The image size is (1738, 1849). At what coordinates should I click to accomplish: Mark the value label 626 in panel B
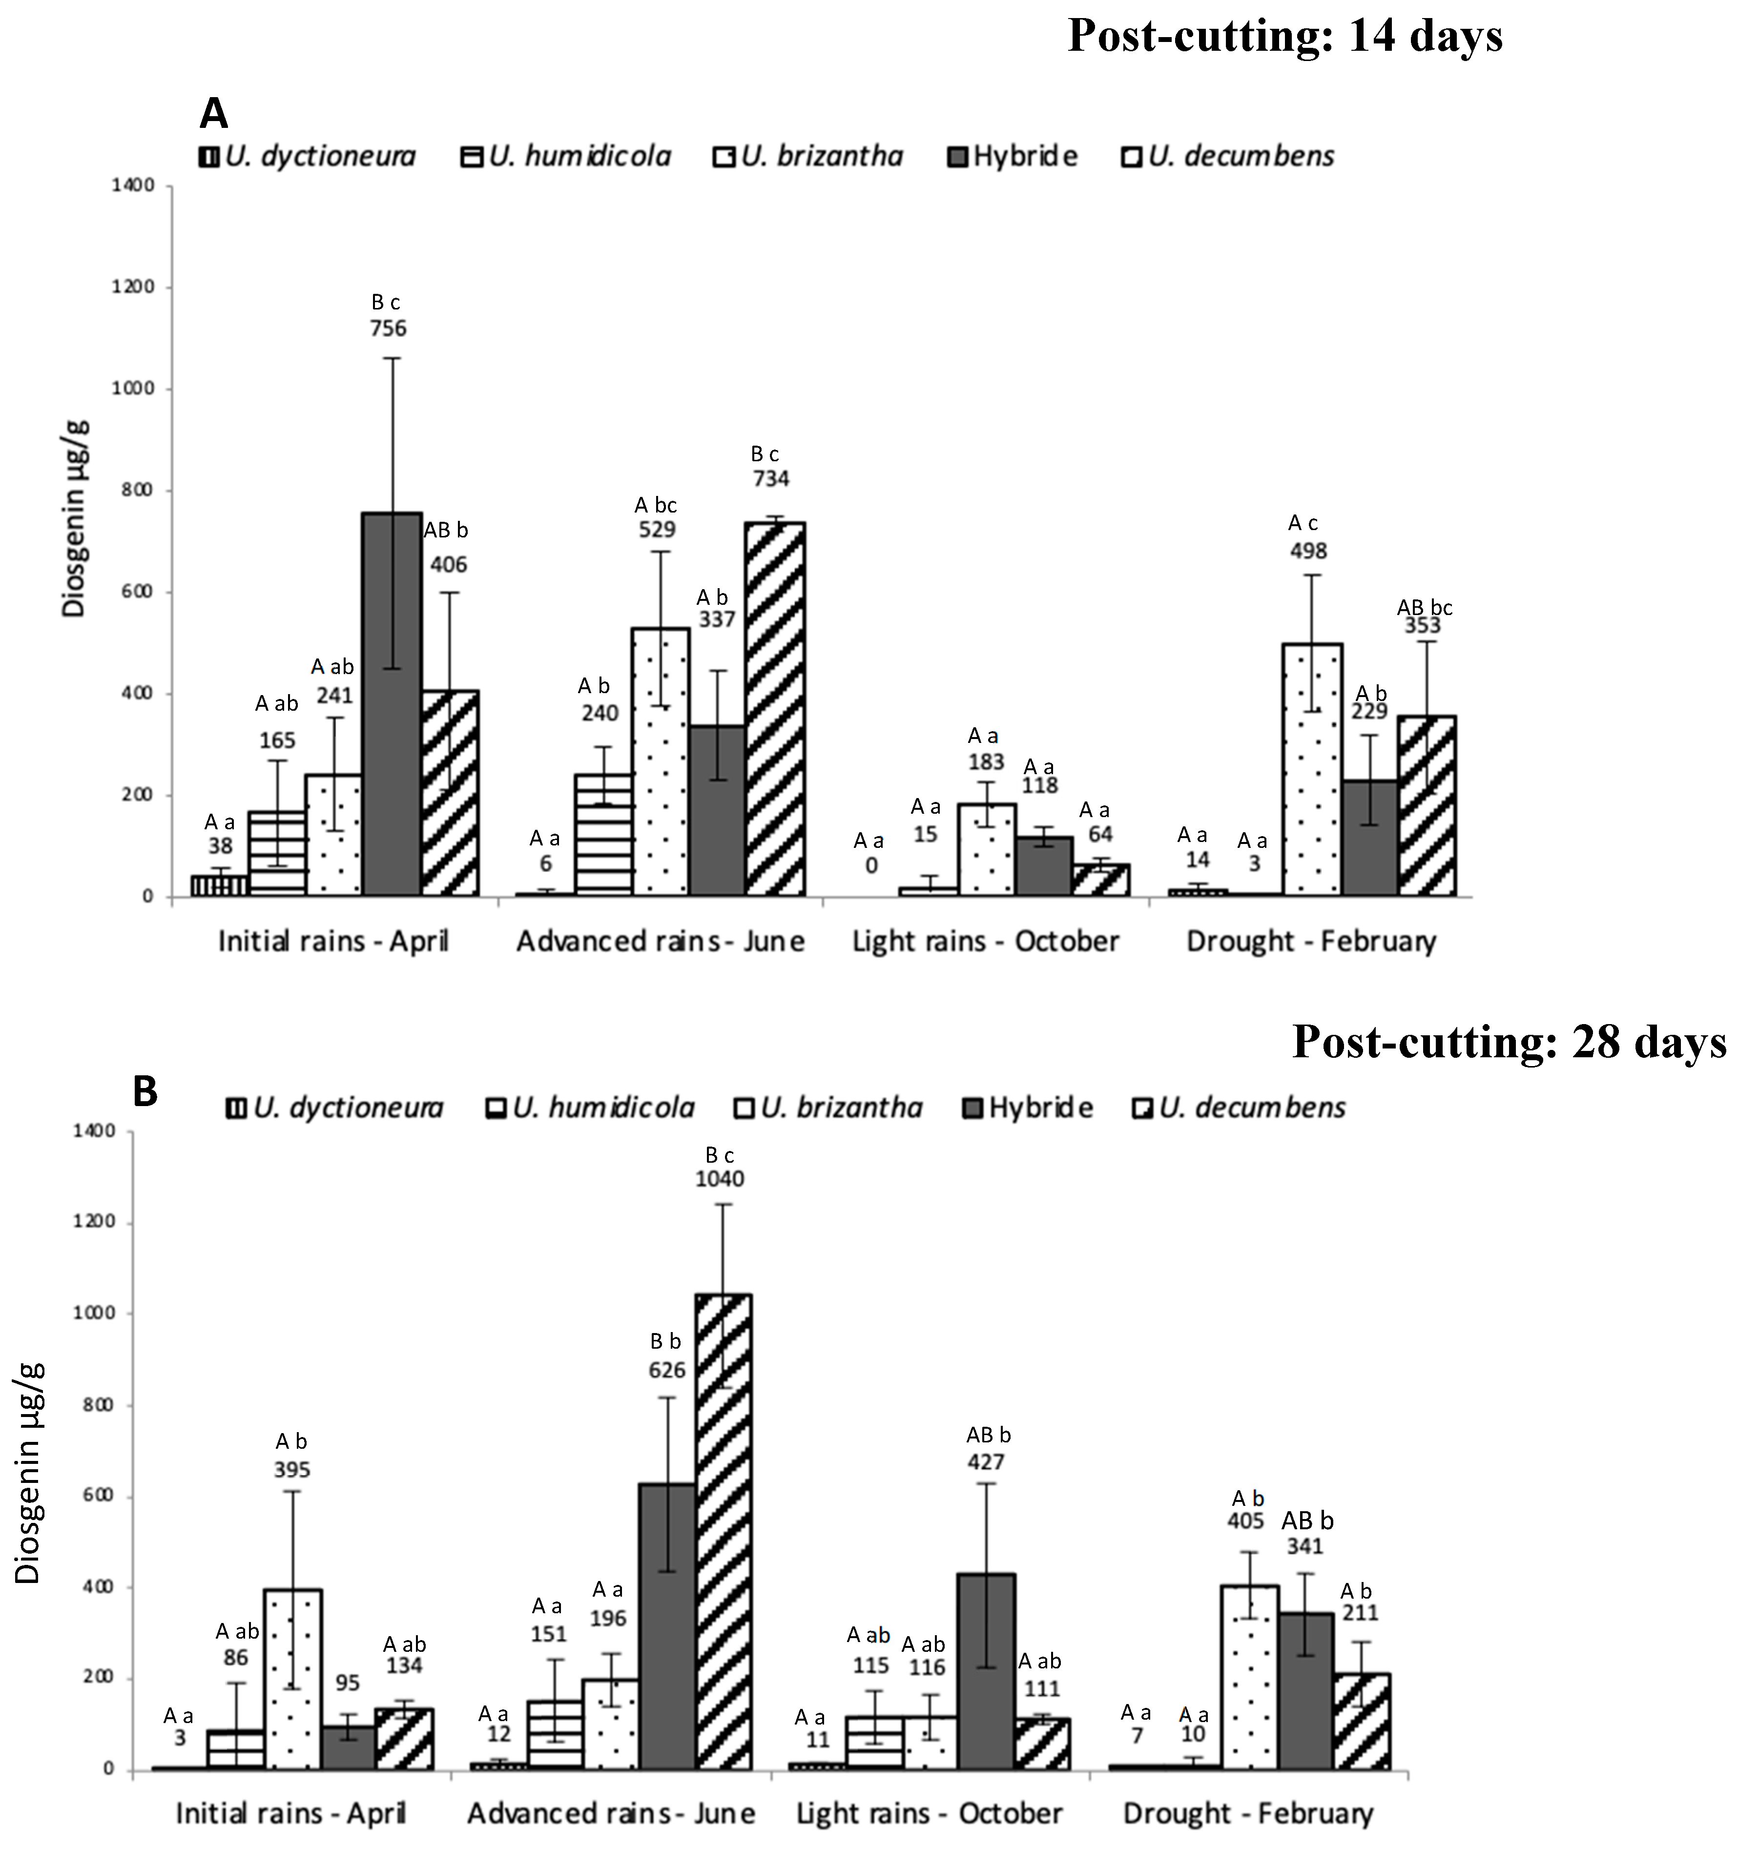tap(667, 1370)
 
